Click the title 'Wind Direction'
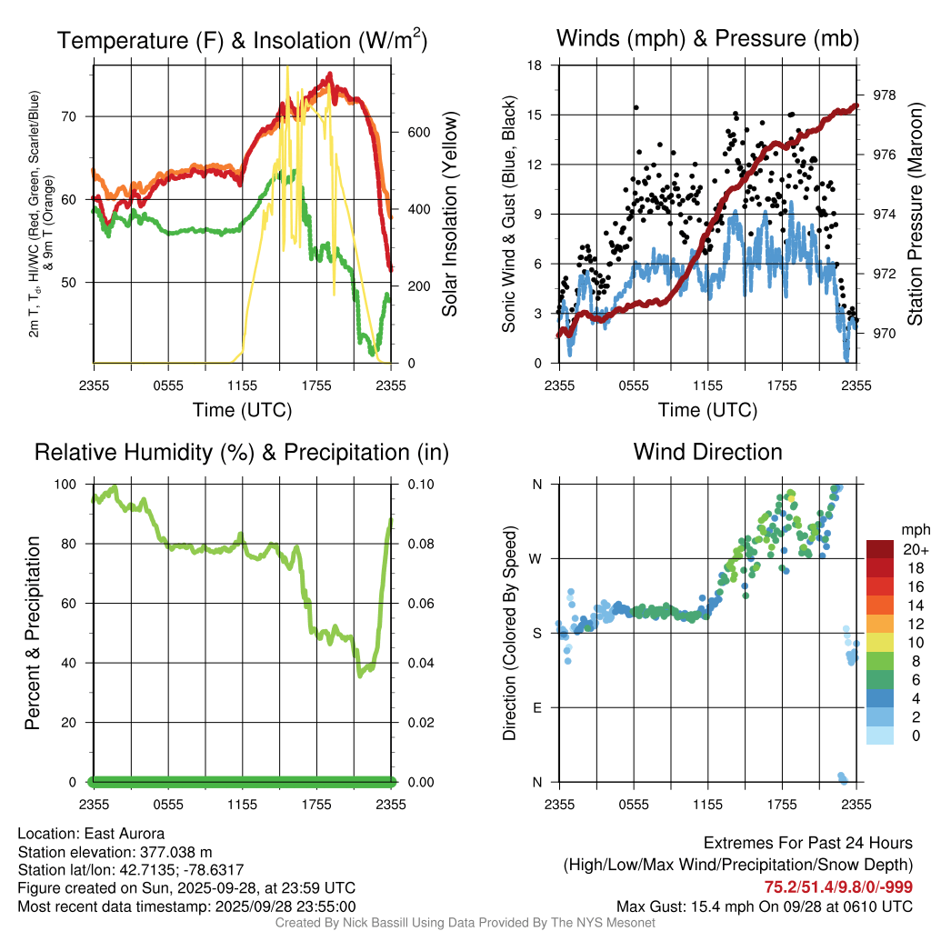click(707, 452)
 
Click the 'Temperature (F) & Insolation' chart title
click(242, 40)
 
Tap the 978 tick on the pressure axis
click(885, 95)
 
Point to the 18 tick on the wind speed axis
click(536, 65)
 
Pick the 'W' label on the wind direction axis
click(537, 558)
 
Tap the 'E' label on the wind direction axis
click(537, 707)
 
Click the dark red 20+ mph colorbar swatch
click(879, 549)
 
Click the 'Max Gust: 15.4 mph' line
click(765, 906)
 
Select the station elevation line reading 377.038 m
click(115, 852)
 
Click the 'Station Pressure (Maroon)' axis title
click(916, 214)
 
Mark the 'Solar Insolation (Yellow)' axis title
click(449, 214)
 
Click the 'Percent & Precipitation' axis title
click(34, 633)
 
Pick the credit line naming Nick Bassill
click(465, 923)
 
